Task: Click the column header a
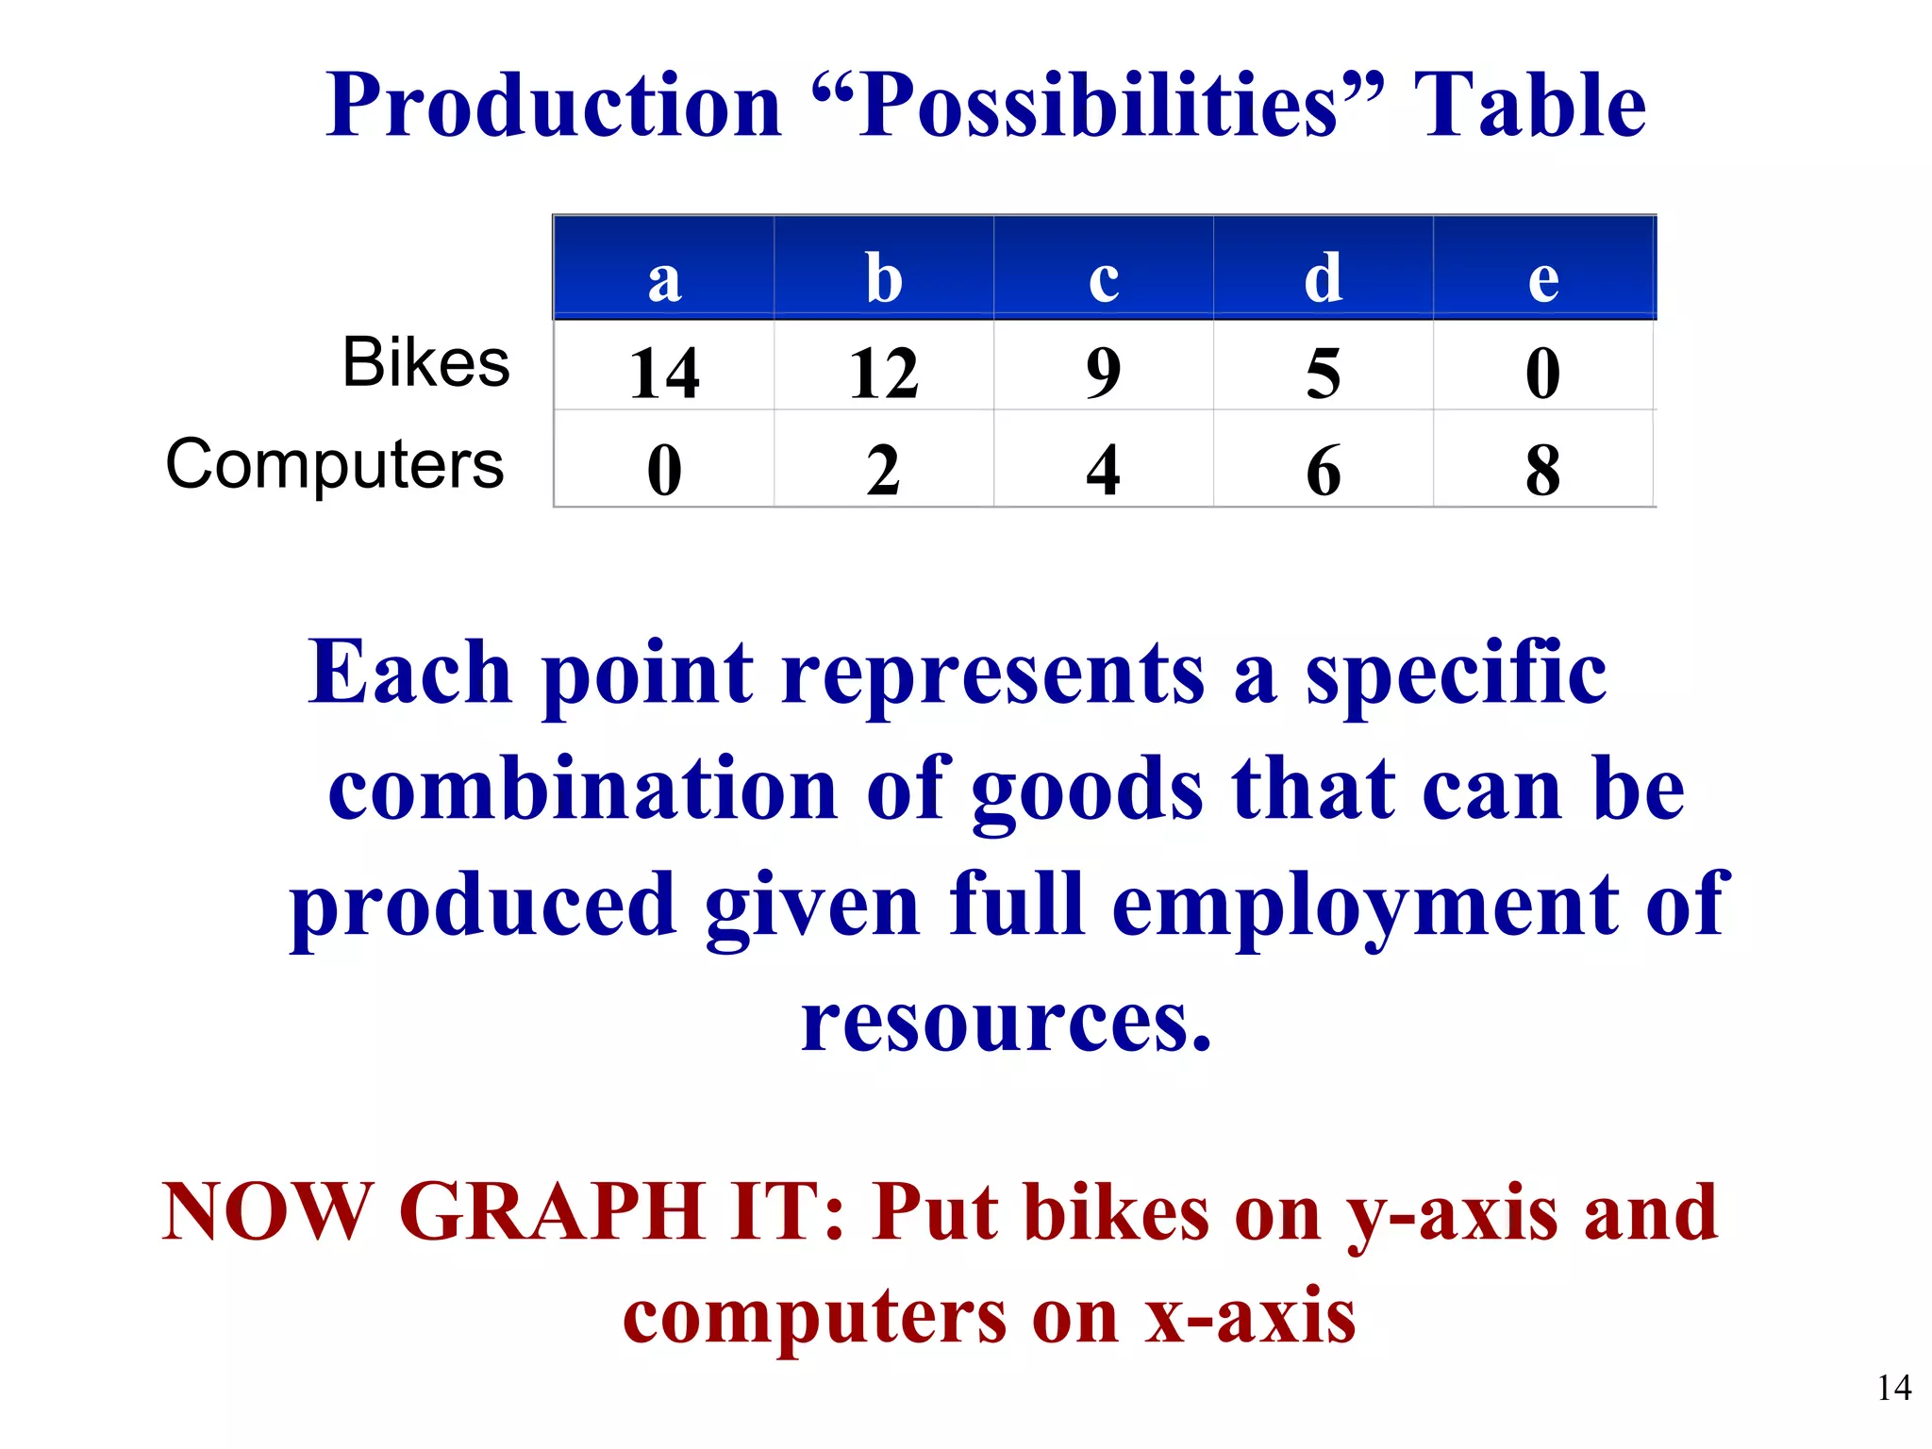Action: (664, 279)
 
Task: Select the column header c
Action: (1104, 279)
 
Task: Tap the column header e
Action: (1543, 279)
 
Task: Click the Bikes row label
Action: (425, 362)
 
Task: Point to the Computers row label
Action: (335, 464)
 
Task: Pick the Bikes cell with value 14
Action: (664, 373)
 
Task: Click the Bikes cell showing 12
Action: (884, 373)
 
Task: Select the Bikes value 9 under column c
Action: (1104, 373)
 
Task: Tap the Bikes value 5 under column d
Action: (1324, 373)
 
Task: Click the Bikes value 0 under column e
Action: (1543, 373)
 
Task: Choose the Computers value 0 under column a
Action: (664, 469)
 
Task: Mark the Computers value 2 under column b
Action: (884, 469)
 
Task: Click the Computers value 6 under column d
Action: (1324, 469)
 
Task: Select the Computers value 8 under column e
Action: (1543, 469)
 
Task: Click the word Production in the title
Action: (554, 106)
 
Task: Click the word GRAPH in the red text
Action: (551, 1212)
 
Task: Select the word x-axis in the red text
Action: (1250, 1317)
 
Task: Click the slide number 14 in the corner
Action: (1893, 1388)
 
